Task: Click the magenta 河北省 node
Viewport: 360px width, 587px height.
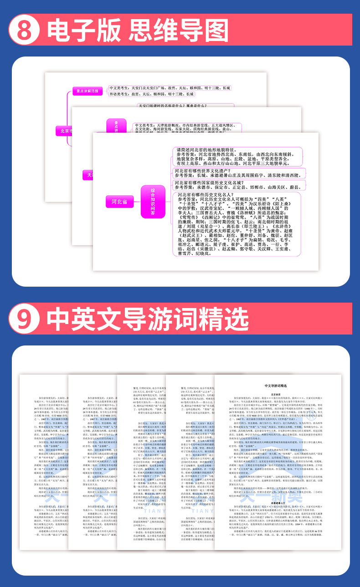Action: [x=119, y=201]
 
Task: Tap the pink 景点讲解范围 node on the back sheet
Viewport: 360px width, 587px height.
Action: [x=87, y=91]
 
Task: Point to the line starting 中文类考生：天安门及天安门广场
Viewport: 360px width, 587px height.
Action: [x=170, y=88]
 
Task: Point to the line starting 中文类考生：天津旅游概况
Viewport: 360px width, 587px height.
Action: [x=185, y=125]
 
